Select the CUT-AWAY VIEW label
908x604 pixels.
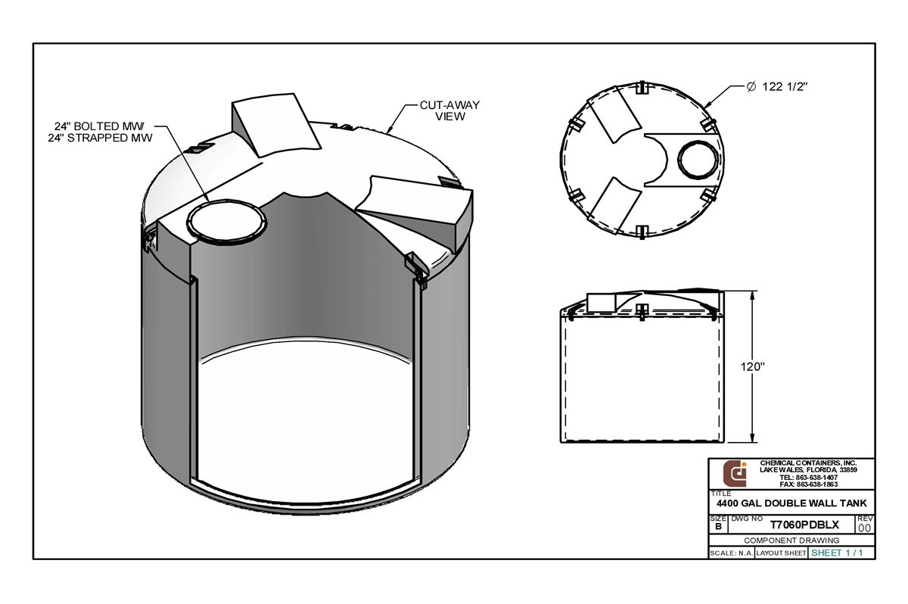coord(449,111)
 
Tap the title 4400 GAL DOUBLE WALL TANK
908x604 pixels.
coord(791,503)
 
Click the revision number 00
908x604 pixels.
coord(864,528)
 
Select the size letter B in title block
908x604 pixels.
coord(717,526)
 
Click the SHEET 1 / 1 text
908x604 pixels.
coord(837,553)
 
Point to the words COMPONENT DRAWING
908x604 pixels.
coord(791,540)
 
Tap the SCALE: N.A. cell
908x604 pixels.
coord(731,553)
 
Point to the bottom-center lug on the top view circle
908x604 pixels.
coord(641,232)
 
